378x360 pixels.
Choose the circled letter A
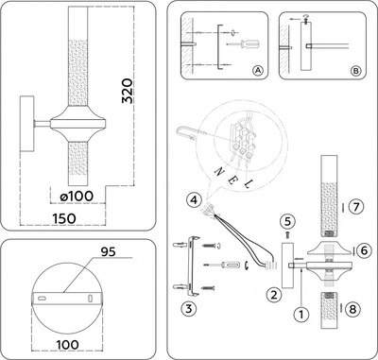pyautogui.click(x=258, y=70)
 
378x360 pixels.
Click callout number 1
pyautogui.click(x=301, y=313)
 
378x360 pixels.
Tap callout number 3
pyautogui.click(x=189, y=308)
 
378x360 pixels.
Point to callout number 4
pyautogui.click(x=192, y=200)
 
